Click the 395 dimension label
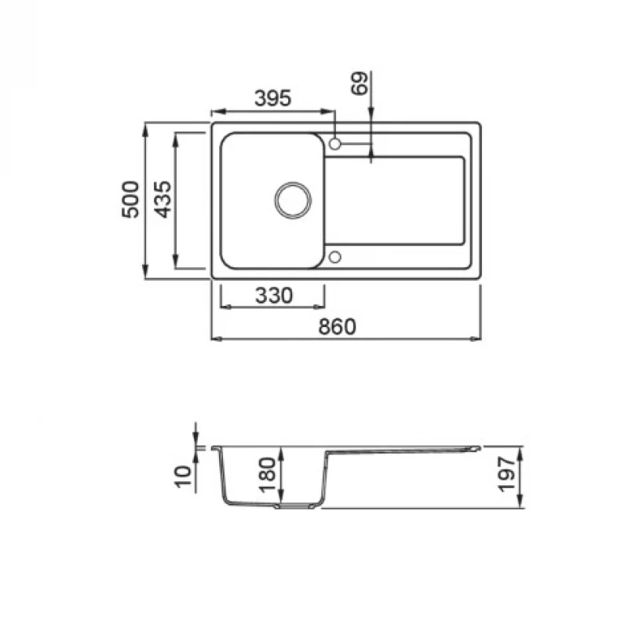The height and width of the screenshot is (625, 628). [272, 98]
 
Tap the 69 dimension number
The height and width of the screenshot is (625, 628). [360, 83]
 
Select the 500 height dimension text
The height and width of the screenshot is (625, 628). [130, 200]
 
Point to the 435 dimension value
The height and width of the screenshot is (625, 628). [163, 200]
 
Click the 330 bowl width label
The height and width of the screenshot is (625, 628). [274, 296]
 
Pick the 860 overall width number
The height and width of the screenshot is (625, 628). [337, 326]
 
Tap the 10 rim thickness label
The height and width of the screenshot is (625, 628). [184, 476]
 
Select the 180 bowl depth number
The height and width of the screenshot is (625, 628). [268, 475]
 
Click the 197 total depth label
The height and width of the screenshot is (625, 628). [506, 474]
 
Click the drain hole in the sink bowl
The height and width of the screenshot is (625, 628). [293, 200]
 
